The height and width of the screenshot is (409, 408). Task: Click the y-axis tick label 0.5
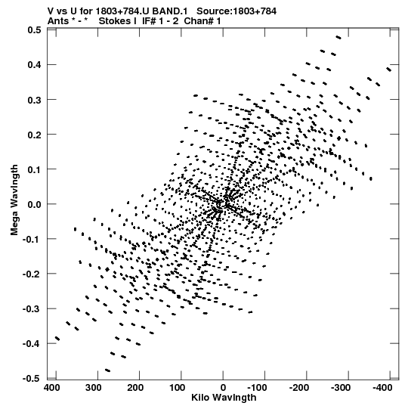click(35, 30)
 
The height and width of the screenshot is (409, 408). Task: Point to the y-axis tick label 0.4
click(35, 64)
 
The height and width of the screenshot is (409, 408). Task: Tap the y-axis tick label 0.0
click(35, 204)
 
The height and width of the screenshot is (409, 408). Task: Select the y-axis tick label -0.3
click(32, 309)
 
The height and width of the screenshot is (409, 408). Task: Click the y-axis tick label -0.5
click(32, 379)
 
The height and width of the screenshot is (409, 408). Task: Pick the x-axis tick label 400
click(52, 388)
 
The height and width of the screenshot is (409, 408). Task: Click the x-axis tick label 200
click(135, 388)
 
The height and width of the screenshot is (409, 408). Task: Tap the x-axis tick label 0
click(223, 388)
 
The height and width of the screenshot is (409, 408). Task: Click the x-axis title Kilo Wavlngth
click(224, 398)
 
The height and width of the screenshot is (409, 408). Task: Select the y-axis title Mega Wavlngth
click(14, 200)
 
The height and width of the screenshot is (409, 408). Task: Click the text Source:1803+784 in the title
click(236, 11)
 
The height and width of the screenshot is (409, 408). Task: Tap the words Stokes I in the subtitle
click(118, 21)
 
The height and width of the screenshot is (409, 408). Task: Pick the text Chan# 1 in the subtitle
click(202, 21)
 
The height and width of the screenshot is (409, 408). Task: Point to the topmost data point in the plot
click(338, 38)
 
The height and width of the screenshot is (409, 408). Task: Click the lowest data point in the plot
click(108, 370)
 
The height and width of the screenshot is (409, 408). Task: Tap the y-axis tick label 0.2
click(35, 135)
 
